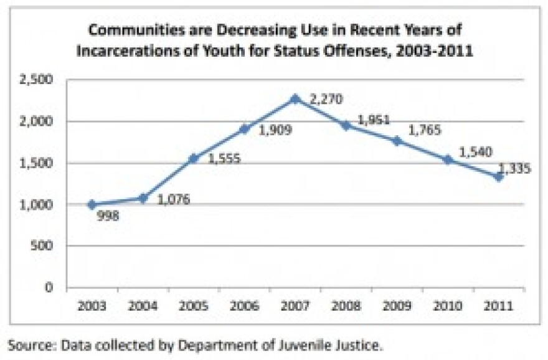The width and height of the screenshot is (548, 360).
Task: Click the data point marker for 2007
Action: pos(296,99)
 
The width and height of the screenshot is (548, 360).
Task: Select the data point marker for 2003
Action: pos(92,205)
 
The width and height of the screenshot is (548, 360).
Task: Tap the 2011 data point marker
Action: pos(499,177)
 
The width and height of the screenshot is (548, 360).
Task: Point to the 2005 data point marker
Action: pos(194,159)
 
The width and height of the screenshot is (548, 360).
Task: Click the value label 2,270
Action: pos(326,99)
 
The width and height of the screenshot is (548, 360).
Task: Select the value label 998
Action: pos(108,216)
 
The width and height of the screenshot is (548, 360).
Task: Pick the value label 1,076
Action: pos(174,199)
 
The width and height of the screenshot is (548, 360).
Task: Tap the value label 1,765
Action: pos(425,130)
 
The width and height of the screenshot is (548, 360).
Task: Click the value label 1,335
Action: pos(514,168)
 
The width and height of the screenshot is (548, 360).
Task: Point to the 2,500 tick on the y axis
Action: pos(36,80)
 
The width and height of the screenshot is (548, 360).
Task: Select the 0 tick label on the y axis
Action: pos(49,287)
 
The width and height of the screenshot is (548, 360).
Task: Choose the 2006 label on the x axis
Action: pos(244,306)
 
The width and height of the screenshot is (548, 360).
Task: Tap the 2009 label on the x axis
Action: pos(397,306)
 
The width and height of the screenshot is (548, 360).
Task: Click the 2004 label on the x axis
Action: pos(143,306)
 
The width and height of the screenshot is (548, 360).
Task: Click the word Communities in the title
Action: pos(136,30)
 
